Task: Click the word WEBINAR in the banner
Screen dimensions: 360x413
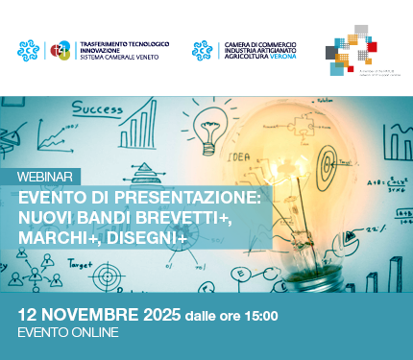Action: pos(46,178)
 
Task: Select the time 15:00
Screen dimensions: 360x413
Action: pos(258,315)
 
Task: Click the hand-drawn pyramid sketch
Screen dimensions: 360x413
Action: pos(145,175)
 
